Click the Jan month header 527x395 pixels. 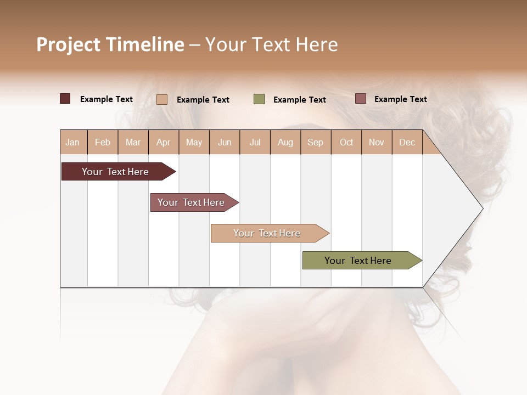point(72,142)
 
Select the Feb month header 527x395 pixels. point(103,142)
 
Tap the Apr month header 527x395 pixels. point(163,142)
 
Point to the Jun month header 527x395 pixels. point(225,142)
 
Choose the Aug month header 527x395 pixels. point(285,142)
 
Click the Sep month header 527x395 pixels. point(315,142)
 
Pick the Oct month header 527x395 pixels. point(346,142)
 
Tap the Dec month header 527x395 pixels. point(407,142)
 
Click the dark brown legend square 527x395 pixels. point(65,99)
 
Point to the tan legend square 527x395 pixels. point(162,99)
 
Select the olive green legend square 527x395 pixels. point(259,99)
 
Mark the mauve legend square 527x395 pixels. point(360,99)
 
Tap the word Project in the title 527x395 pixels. point(69,44)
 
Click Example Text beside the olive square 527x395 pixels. point(299,100)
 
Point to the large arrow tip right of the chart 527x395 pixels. point(467,208)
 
